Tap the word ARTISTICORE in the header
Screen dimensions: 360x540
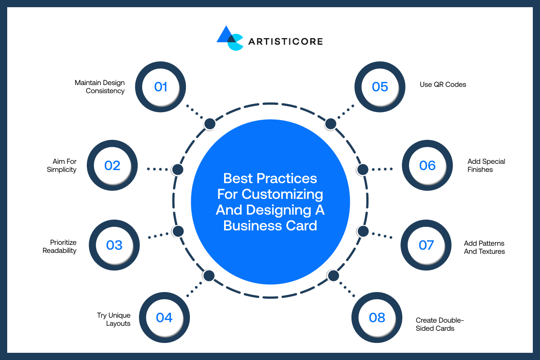point(285,41)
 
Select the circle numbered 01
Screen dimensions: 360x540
point(161,87)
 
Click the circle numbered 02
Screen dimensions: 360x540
point(112,166)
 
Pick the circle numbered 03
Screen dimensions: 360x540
point(114,245)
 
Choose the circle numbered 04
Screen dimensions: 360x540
point(164,318)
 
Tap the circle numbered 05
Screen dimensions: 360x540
point(380,87)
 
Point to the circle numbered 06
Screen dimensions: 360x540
point(427,166)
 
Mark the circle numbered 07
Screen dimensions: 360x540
point(426,245)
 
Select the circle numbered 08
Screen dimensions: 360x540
point(377,318)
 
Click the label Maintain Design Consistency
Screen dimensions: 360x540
point(99,87)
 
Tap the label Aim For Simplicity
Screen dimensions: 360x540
point(62,166)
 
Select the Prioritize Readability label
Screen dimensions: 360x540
point(59,247)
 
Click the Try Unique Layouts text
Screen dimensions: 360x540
point(113,319)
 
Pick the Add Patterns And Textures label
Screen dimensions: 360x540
point(484,247)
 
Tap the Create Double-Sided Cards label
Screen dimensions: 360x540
point(439,324)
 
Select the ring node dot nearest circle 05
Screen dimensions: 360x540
point(331,124)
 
